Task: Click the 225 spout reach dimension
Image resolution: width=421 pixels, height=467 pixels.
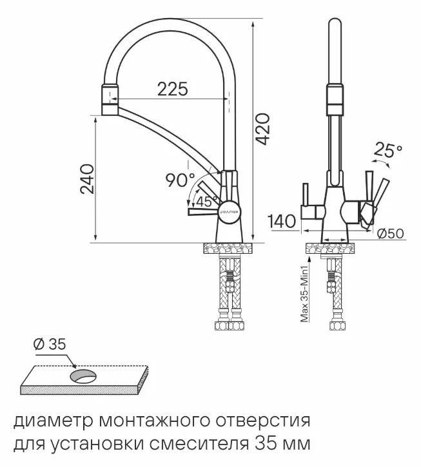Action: (x=173, y=90)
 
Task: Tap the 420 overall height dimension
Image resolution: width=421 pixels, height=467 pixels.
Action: (x=262, y=131)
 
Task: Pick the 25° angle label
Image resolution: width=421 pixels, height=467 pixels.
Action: (x=387, y=151)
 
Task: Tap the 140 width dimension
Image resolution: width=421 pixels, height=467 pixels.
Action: (x=282, y=222)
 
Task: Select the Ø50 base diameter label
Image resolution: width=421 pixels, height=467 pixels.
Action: (x=390, y=234)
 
